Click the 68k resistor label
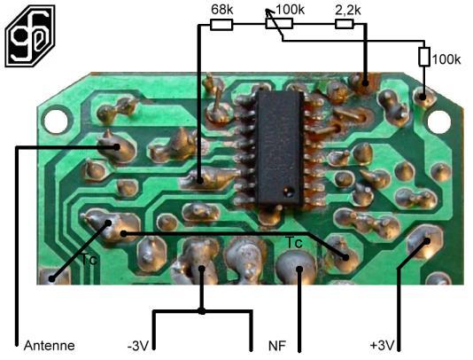(x=222, y=10)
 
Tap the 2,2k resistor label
(x=348, y=11)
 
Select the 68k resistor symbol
(x=221, y=25)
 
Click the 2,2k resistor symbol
(x=345, y=24)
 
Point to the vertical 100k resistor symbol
(x=423, y=57)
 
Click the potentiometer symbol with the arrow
(x=279, y=23)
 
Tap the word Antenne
(x=50, y=346)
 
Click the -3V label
(x=138, y=346)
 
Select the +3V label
(x=382, y=345)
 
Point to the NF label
(x=277, y=346)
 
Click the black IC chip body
(x=279, y=149)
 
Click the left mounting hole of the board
(x=56, y=121)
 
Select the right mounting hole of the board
(x=439, y=122)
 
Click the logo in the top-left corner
(x=30, y=35)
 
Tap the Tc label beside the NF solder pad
(x=294, y=242)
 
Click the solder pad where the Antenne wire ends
(x=116, y=148)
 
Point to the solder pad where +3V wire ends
(x=426, y=241)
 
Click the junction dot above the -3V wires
(x=202, y=311)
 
